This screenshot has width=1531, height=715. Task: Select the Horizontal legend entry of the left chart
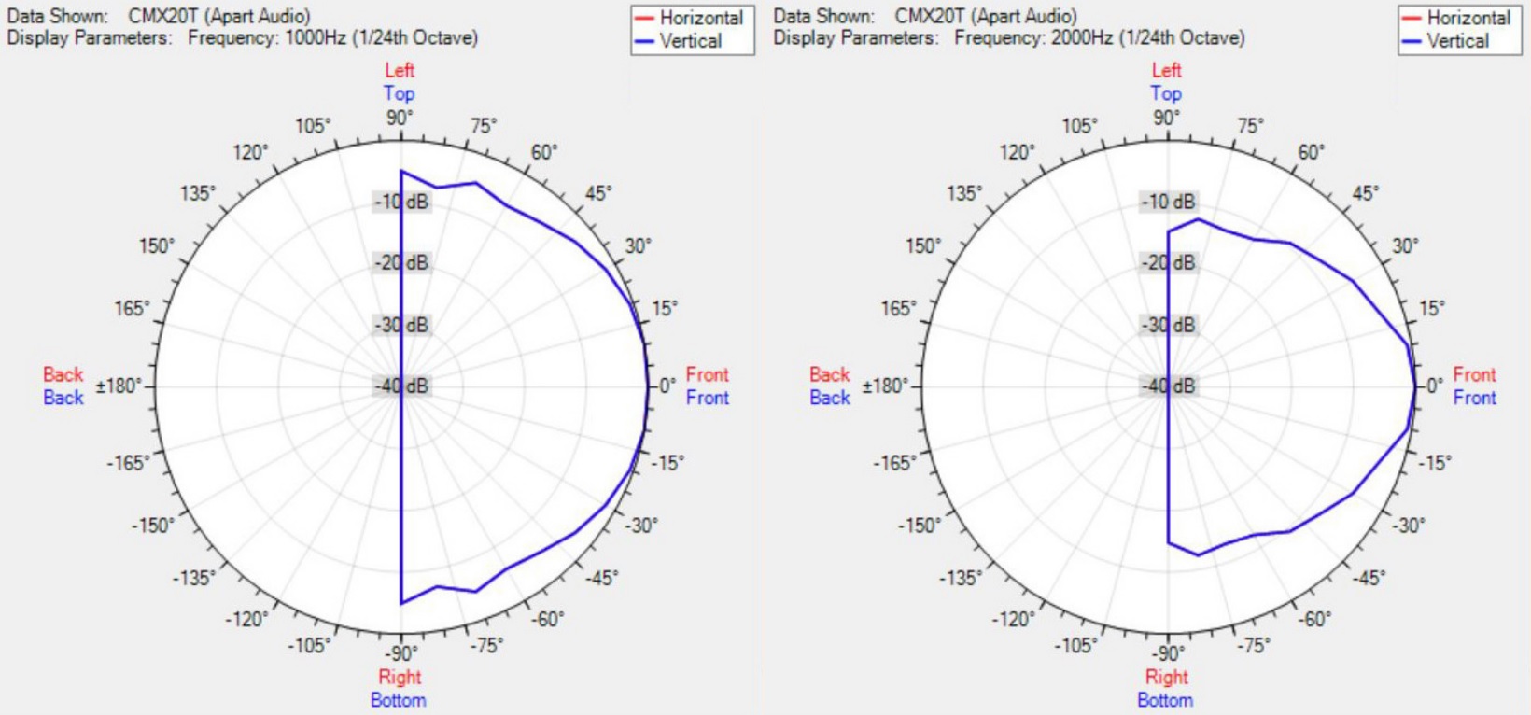click(x=700, y=18)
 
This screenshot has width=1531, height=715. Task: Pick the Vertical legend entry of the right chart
click(x=1457, y=41)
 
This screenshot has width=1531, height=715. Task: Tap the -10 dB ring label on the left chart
click(x=402, y=202)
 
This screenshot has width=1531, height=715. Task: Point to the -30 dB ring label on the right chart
click(x=1169, y=325)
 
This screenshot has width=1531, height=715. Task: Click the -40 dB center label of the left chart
click(x=402, y=386)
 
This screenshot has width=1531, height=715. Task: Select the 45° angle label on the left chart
click(x=598, y=193)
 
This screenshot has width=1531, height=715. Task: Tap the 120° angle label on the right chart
click(x=1018, y=152)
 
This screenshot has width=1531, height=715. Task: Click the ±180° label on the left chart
click(x=119, y=386)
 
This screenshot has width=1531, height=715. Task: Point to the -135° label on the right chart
click(x=960, y=578)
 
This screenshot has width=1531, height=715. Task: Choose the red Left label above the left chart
click(x=400, y=70)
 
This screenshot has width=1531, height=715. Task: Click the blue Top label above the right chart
click(x=1166, y=93)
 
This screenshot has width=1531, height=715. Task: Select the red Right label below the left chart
click(x=400, y=677)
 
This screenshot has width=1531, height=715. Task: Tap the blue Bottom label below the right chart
click(x=1165, y=700)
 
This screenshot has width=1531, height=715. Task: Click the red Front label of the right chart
click(x=1474, y=374)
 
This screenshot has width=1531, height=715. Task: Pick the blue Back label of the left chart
click(x=63, y=398)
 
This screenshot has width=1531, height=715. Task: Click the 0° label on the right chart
click(x=1434, y=386)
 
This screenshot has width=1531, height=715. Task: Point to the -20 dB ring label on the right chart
click(x=1169, y=263)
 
